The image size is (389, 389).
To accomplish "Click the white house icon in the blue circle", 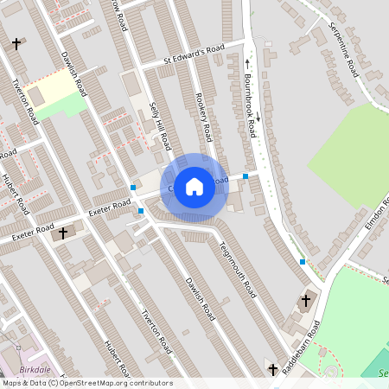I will pos(194,186).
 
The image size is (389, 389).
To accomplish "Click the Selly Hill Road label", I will pos(158,124).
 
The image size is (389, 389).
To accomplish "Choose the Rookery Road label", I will pos(204,118).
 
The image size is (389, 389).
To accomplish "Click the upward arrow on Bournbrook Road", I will pos(248,62).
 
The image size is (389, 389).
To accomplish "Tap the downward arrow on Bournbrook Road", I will pos(257,115).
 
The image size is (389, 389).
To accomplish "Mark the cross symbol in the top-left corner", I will pos(16,43).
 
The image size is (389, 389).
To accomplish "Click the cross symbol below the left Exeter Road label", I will pos(62,233).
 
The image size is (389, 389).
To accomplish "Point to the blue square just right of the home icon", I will pos(246,176).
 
